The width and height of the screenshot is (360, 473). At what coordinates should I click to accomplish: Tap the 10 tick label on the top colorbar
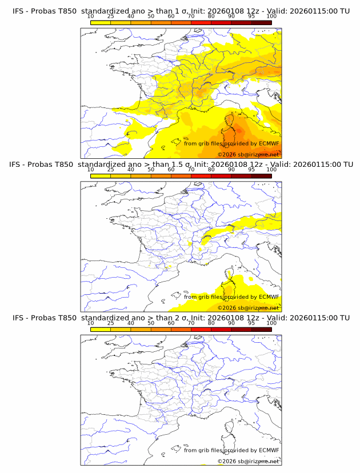point(91,16)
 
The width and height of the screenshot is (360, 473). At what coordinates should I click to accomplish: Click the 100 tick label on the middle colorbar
point(271,169)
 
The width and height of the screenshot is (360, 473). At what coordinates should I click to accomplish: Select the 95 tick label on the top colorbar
point(251,16)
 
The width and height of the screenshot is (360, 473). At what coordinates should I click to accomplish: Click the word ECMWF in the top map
point(269,143)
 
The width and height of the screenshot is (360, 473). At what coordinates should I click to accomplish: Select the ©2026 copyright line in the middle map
point(248,308)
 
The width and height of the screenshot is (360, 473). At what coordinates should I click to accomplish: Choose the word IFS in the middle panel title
point(18,165)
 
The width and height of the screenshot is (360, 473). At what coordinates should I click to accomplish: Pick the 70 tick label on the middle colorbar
point(191,169)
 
